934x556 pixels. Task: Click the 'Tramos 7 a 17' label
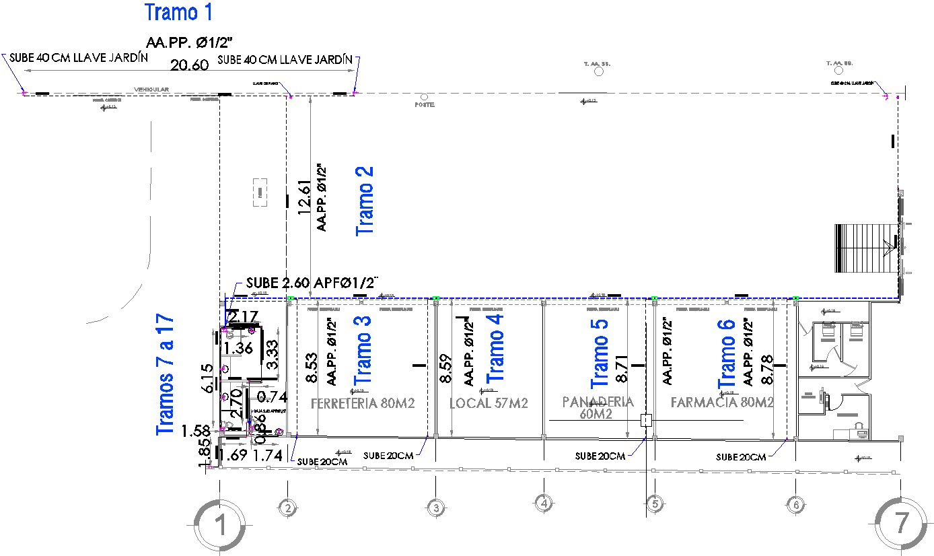click(166, 375)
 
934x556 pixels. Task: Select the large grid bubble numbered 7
click(902, 523)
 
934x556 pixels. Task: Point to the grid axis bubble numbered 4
click(543, 502)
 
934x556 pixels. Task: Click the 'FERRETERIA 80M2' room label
click(362, 404)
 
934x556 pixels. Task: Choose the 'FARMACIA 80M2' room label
click(722, 403)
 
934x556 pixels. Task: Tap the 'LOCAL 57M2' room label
click(489, 404)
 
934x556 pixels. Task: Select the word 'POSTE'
click(425, 105)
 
